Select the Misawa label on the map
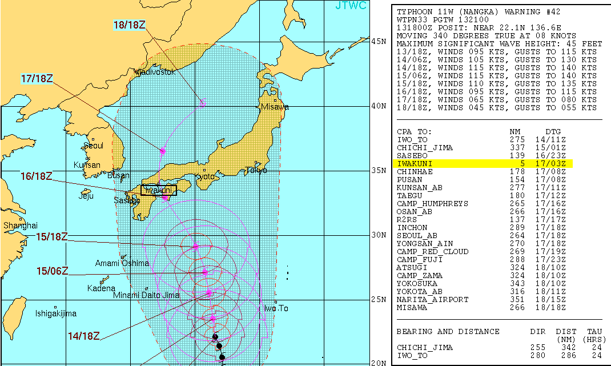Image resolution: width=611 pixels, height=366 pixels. (275, 107)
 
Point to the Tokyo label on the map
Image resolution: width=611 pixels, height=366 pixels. (256, 170)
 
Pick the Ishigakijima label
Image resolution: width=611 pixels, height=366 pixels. (56, 313)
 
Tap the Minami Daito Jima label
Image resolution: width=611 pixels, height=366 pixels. (146, 295)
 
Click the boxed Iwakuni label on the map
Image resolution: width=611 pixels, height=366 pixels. (159, 190)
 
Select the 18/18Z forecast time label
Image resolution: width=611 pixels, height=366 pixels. (128, 25)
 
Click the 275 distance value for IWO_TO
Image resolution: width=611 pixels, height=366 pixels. (516, 140)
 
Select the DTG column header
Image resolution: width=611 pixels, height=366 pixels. (553, 132)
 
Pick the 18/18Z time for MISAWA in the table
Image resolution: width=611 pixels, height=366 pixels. (553, 308)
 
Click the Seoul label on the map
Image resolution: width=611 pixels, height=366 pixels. (94, 146)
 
